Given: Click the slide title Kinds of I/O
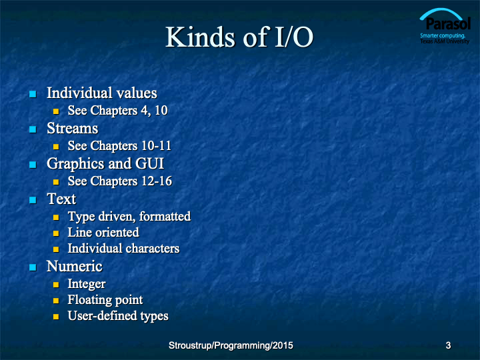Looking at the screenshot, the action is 239,37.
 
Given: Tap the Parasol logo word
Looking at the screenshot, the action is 448,24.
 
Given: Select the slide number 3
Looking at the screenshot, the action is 448,345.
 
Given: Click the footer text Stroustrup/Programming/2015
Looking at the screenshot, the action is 231,345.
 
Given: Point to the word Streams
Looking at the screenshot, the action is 73,128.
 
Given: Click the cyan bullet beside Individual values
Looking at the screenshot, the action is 33,94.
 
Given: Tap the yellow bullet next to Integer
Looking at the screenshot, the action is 56,285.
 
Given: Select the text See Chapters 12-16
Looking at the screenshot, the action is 120,181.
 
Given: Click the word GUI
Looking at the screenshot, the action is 150,163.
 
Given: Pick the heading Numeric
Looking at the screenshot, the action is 75,266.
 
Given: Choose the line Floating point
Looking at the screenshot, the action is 105,300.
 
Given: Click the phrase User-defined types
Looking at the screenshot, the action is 118,316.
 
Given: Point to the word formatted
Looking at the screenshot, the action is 165,217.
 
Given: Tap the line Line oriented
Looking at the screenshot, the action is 103,233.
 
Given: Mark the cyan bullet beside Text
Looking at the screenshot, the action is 33,200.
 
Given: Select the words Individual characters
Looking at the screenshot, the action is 124,248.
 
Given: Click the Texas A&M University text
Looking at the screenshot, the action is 445,41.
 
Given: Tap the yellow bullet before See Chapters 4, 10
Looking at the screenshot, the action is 56,111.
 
